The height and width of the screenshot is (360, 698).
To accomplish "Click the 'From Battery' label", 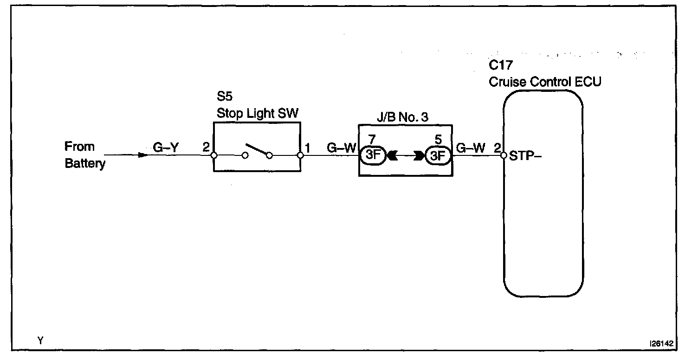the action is [85, 155].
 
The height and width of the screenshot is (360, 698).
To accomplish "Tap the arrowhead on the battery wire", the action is [143, 155].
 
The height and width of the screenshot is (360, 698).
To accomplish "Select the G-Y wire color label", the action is [166, 148].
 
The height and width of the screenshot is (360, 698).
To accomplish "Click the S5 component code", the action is [224, 96].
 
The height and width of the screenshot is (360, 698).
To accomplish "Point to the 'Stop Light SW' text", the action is [258, 113].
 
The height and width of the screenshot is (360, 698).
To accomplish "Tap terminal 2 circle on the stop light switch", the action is [214, 155].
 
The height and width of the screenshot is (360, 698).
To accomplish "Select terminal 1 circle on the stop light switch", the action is [300, 155].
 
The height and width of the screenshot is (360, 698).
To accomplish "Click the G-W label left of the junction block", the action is [341, 148].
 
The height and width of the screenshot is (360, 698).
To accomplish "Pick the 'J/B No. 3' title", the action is [402, 117].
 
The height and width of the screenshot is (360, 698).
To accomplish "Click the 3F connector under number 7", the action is [373, 155].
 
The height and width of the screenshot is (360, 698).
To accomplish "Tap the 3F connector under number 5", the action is [438, 155].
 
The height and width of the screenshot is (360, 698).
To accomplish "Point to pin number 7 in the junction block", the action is [372, 140].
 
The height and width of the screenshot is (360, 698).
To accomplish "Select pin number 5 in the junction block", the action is [438, 140].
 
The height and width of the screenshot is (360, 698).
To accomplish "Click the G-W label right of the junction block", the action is [471, 148].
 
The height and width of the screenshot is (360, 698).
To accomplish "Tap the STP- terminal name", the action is [525, 156].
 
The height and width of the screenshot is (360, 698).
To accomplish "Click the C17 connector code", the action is [501, 65].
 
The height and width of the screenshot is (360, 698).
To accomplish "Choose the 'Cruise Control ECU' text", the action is [545, 82].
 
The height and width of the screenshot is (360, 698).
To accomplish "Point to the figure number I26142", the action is [661, 343].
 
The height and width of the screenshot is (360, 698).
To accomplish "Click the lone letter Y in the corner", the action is [40, 341].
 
